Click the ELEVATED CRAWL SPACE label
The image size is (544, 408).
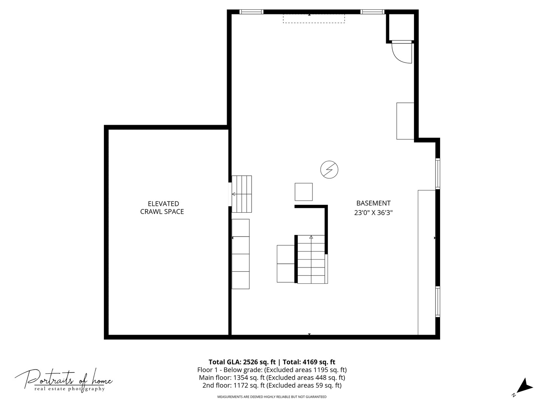pyautogui.click(x=162, y=208)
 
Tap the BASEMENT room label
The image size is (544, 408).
pyautogui.click(x=373, y=203)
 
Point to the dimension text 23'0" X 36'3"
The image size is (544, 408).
pyautogui.click(x=373, y=213)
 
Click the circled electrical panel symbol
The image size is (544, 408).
pyautogui.click(x=329, y=170)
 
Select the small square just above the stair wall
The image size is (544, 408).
pyautogui.click(x=303, y=192)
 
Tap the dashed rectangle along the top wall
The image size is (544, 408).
pyautogui.click(x=314, y=19)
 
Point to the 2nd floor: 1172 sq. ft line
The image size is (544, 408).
pyautogui.click(x=272, y=385)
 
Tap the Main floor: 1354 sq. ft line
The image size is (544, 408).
pyautogui.click(x=272, y=377)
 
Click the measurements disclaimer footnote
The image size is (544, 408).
pyautogui.click(x=272, y=397)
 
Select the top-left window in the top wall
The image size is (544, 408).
pyautogui.click(x=252, y=12)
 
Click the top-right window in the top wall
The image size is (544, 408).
pyautogui.click(x=372, y=12)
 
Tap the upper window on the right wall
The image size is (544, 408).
pyautogui.click(x=437, y=173)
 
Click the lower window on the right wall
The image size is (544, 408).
pyautogui.click(x=437, y=301)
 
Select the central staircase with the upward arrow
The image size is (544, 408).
pyautogui.click(x=311, y=259)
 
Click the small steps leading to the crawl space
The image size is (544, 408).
pyautogui.click(x=241, y=194)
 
